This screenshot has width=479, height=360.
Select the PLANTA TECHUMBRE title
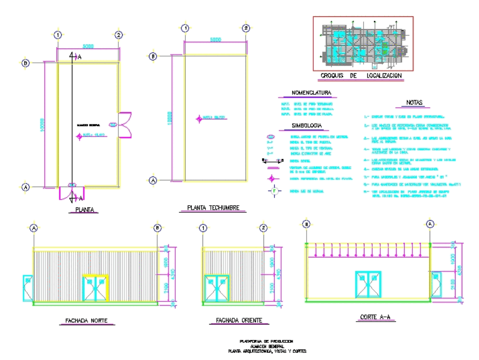(209, 208)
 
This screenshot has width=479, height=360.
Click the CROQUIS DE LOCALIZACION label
(361, 76)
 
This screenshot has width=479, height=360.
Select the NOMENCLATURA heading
(308, 93)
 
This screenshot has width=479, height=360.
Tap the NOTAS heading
(414, 103)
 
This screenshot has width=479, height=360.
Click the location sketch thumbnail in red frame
(363, 44)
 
